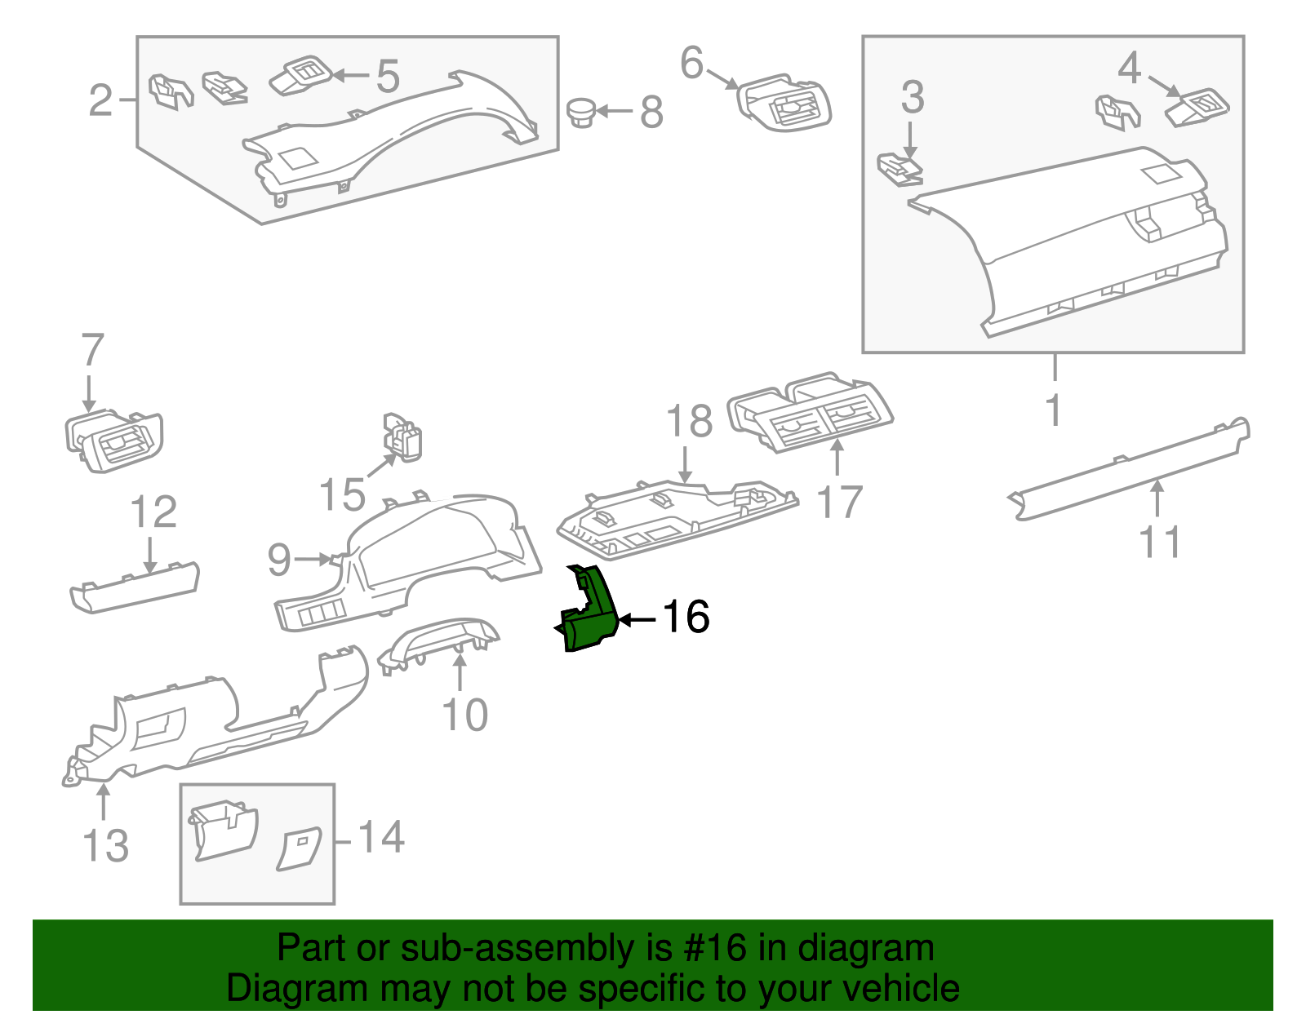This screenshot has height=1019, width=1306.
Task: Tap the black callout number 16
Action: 686,617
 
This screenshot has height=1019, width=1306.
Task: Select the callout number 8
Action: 651,112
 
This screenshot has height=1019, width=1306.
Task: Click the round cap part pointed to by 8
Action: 581,111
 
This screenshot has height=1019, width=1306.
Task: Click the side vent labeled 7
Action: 114,441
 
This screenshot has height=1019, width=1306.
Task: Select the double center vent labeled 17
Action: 810,413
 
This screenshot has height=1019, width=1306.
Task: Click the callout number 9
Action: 279,560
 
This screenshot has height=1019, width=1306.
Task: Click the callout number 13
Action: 106,844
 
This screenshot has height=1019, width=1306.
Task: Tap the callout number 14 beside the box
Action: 381,837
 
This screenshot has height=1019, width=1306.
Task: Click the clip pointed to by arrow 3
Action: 900,170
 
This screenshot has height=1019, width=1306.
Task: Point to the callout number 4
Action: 1129,69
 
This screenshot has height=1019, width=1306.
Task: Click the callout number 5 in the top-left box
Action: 388,76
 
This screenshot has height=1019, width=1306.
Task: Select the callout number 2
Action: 100,100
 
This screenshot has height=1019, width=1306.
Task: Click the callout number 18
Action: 689,422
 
